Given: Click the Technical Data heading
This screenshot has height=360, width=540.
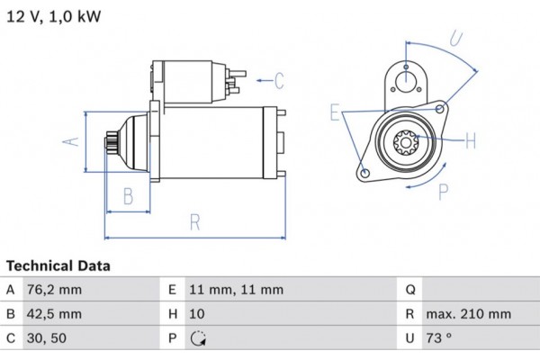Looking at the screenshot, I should pos(58,266).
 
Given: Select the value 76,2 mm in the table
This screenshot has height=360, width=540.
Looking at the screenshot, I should pos(56,290).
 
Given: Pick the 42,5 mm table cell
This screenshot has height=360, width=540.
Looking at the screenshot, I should pos(56,314).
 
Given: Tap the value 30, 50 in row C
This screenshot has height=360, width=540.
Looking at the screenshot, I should pos(48,338).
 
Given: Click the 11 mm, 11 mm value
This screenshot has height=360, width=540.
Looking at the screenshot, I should pos(236,290).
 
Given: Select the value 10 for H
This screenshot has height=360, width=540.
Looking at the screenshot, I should pos(197,314).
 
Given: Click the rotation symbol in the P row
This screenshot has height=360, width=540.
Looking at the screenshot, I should pos(198,339).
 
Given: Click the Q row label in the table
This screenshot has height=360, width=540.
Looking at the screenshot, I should pos(409,290).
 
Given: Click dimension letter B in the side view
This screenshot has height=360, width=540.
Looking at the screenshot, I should pos(128,195).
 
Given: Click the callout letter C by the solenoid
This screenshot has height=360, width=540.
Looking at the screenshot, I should pos(278,81).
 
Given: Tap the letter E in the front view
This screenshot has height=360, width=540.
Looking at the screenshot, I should pos(335,113).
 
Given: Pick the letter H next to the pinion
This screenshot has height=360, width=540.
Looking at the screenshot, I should pos(470,139).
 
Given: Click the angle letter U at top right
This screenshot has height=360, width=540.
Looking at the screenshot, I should pos(456,39).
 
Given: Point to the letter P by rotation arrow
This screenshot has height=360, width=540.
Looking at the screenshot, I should pos(442,191).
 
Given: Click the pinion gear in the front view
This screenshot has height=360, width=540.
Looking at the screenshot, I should pos(403,140).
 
